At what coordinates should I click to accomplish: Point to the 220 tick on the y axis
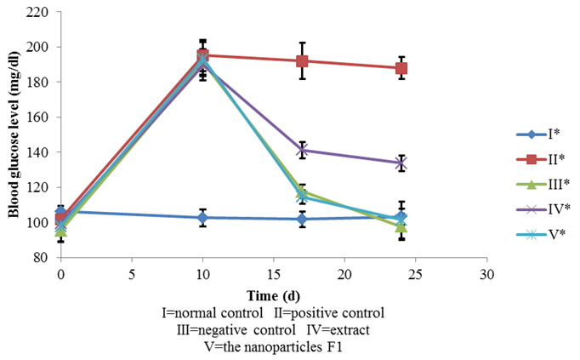click(39, 12)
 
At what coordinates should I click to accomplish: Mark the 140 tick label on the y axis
click(39, 152)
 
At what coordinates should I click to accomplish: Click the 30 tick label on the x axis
click(486, 274)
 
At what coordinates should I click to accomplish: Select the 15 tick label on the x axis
click(273, 274)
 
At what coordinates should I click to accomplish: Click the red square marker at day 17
click(302, 61)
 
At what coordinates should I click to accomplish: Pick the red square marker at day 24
click(401, 68)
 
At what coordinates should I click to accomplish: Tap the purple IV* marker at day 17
click(302, 150)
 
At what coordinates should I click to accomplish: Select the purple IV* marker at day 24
click(401, 163)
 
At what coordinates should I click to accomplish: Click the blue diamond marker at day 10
click(202, 218)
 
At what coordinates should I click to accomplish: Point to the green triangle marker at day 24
click(401, 226)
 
